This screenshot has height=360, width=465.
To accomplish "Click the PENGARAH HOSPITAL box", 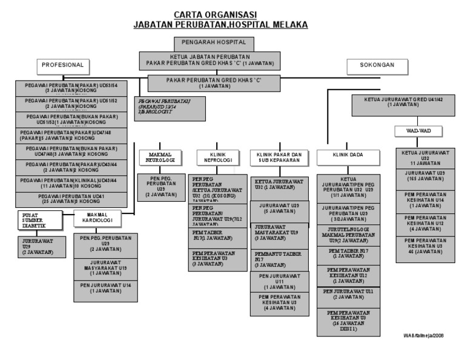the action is coord(209,43).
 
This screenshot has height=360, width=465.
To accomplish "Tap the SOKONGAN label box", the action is coord(377,65).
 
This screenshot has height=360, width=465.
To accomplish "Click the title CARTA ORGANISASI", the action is coord(215,14).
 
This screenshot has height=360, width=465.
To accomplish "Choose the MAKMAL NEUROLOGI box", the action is coord(161,158).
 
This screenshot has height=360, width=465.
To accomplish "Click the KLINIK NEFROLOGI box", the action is coord(215,158).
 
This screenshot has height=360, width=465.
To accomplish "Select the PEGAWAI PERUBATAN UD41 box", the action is coord(69,199).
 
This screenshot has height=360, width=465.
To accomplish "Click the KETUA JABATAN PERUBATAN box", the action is coord(209,59).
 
